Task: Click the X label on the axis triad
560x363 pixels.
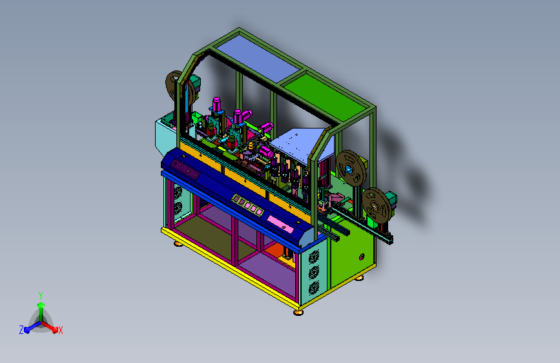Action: [x=60, y=330]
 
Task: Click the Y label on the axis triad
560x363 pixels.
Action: [x=41, y=296]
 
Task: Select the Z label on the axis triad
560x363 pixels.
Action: [x=21, y=330]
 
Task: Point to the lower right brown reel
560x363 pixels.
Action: [x=377, y=206]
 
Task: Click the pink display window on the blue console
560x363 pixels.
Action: [x=280, y=223]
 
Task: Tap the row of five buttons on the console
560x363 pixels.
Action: [x=247, y=205]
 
